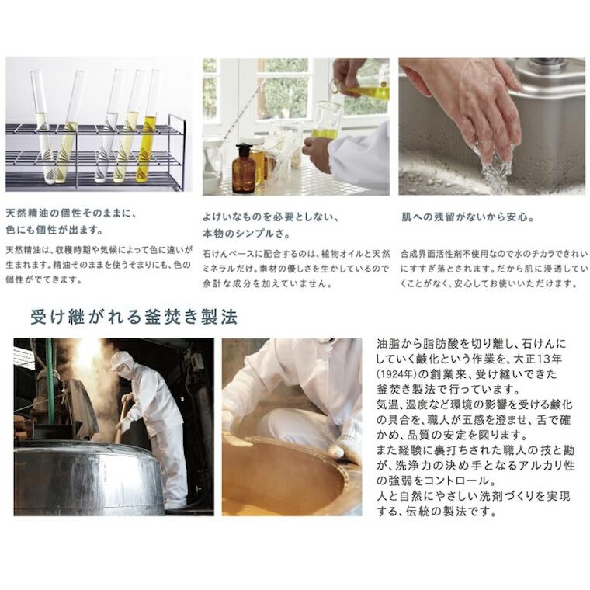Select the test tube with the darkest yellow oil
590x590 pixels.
[147, 128]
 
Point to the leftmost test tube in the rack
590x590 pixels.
[40, 116]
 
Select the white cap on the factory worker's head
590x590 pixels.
[121, 359]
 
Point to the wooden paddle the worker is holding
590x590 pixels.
[120, 423]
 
